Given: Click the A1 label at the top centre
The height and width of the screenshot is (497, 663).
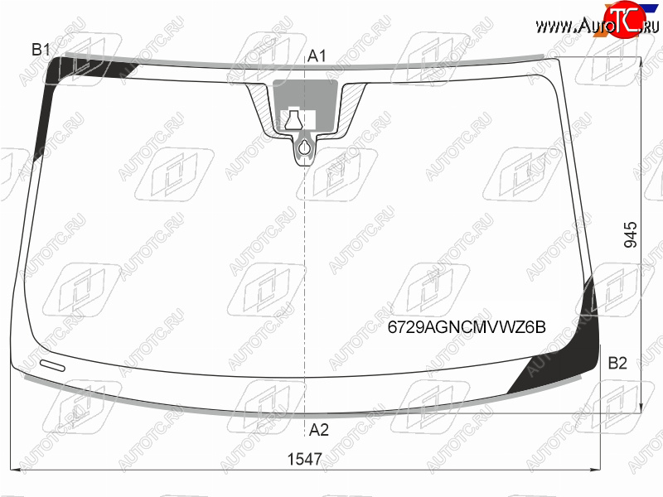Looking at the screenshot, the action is tap(317, 55).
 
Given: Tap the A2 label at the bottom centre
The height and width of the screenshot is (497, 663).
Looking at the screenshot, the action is tap(318, 430).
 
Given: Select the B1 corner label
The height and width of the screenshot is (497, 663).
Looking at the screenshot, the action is tap(41, 50).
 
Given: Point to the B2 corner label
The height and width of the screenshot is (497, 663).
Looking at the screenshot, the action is tap(617, 363).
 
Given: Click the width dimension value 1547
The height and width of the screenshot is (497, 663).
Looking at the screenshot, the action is tap(304, 459).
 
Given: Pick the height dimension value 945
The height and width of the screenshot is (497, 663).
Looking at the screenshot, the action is tap(631, 234).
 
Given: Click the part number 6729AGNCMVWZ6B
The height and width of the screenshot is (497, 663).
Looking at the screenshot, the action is tap(467, 327).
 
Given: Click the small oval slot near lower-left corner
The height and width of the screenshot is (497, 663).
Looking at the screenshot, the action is tap(52, 365).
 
